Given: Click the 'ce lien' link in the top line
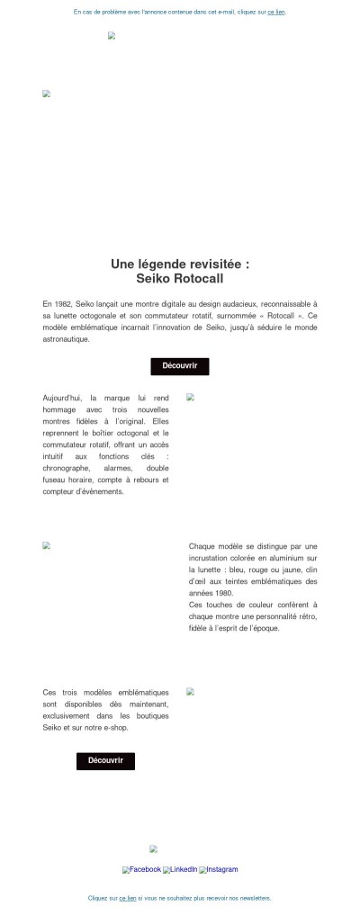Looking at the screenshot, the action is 276,13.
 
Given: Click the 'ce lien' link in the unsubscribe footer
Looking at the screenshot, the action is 128,898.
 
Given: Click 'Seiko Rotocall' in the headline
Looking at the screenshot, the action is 180,279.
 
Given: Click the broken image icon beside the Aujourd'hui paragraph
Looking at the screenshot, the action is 191,397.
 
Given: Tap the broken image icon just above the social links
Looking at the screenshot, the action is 154,848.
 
